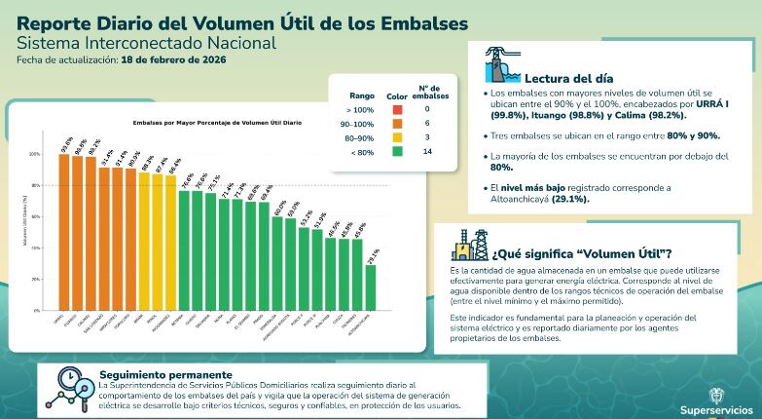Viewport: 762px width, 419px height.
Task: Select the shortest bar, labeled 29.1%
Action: point(371,287)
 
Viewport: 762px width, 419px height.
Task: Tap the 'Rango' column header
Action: point(362,95)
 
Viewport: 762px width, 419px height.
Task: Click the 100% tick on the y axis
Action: point(36,154)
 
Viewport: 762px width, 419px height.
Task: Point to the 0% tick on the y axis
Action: point(37,310)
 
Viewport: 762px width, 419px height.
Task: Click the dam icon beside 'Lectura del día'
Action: point(499,65)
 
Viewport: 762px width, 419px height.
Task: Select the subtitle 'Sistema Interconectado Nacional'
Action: point(147,43)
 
